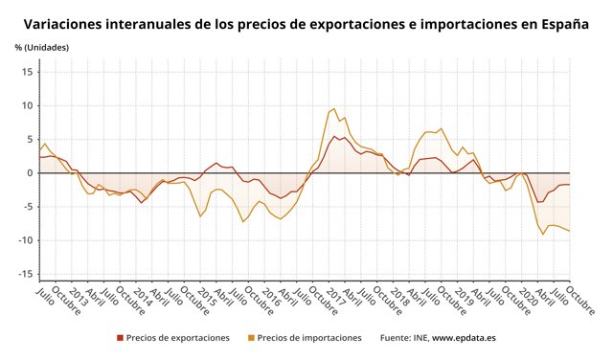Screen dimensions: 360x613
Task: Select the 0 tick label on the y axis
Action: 30,172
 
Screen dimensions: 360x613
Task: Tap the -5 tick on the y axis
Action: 28,206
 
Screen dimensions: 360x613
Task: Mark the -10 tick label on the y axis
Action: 25,239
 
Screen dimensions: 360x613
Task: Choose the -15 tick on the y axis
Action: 25,274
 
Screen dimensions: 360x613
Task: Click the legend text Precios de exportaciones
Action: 178,338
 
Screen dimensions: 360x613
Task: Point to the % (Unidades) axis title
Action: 43,47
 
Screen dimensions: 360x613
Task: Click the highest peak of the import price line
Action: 333,108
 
